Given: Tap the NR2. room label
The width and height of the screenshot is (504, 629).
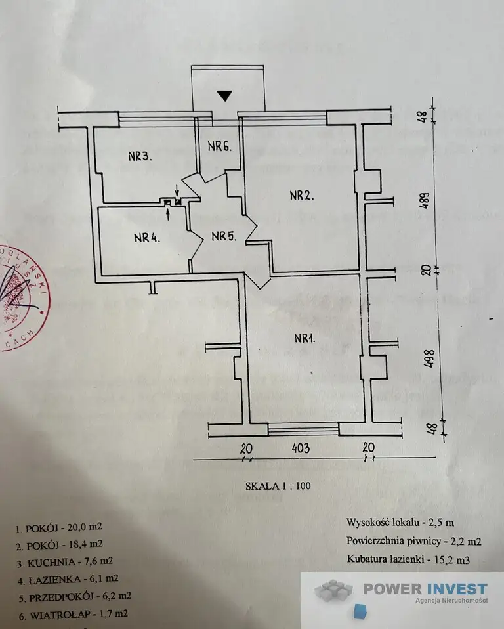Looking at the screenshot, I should point(303,195).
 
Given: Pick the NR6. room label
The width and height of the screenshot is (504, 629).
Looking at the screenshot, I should point(220,146).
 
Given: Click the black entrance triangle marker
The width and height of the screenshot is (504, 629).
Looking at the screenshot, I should point(225,96).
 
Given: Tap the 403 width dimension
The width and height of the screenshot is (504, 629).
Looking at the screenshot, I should point(301,448).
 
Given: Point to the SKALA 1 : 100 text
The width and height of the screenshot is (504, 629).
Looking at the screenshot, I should point(278,487).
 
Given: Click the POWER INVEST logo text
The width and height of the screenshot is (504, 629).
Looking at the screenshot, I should point(425,589).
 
